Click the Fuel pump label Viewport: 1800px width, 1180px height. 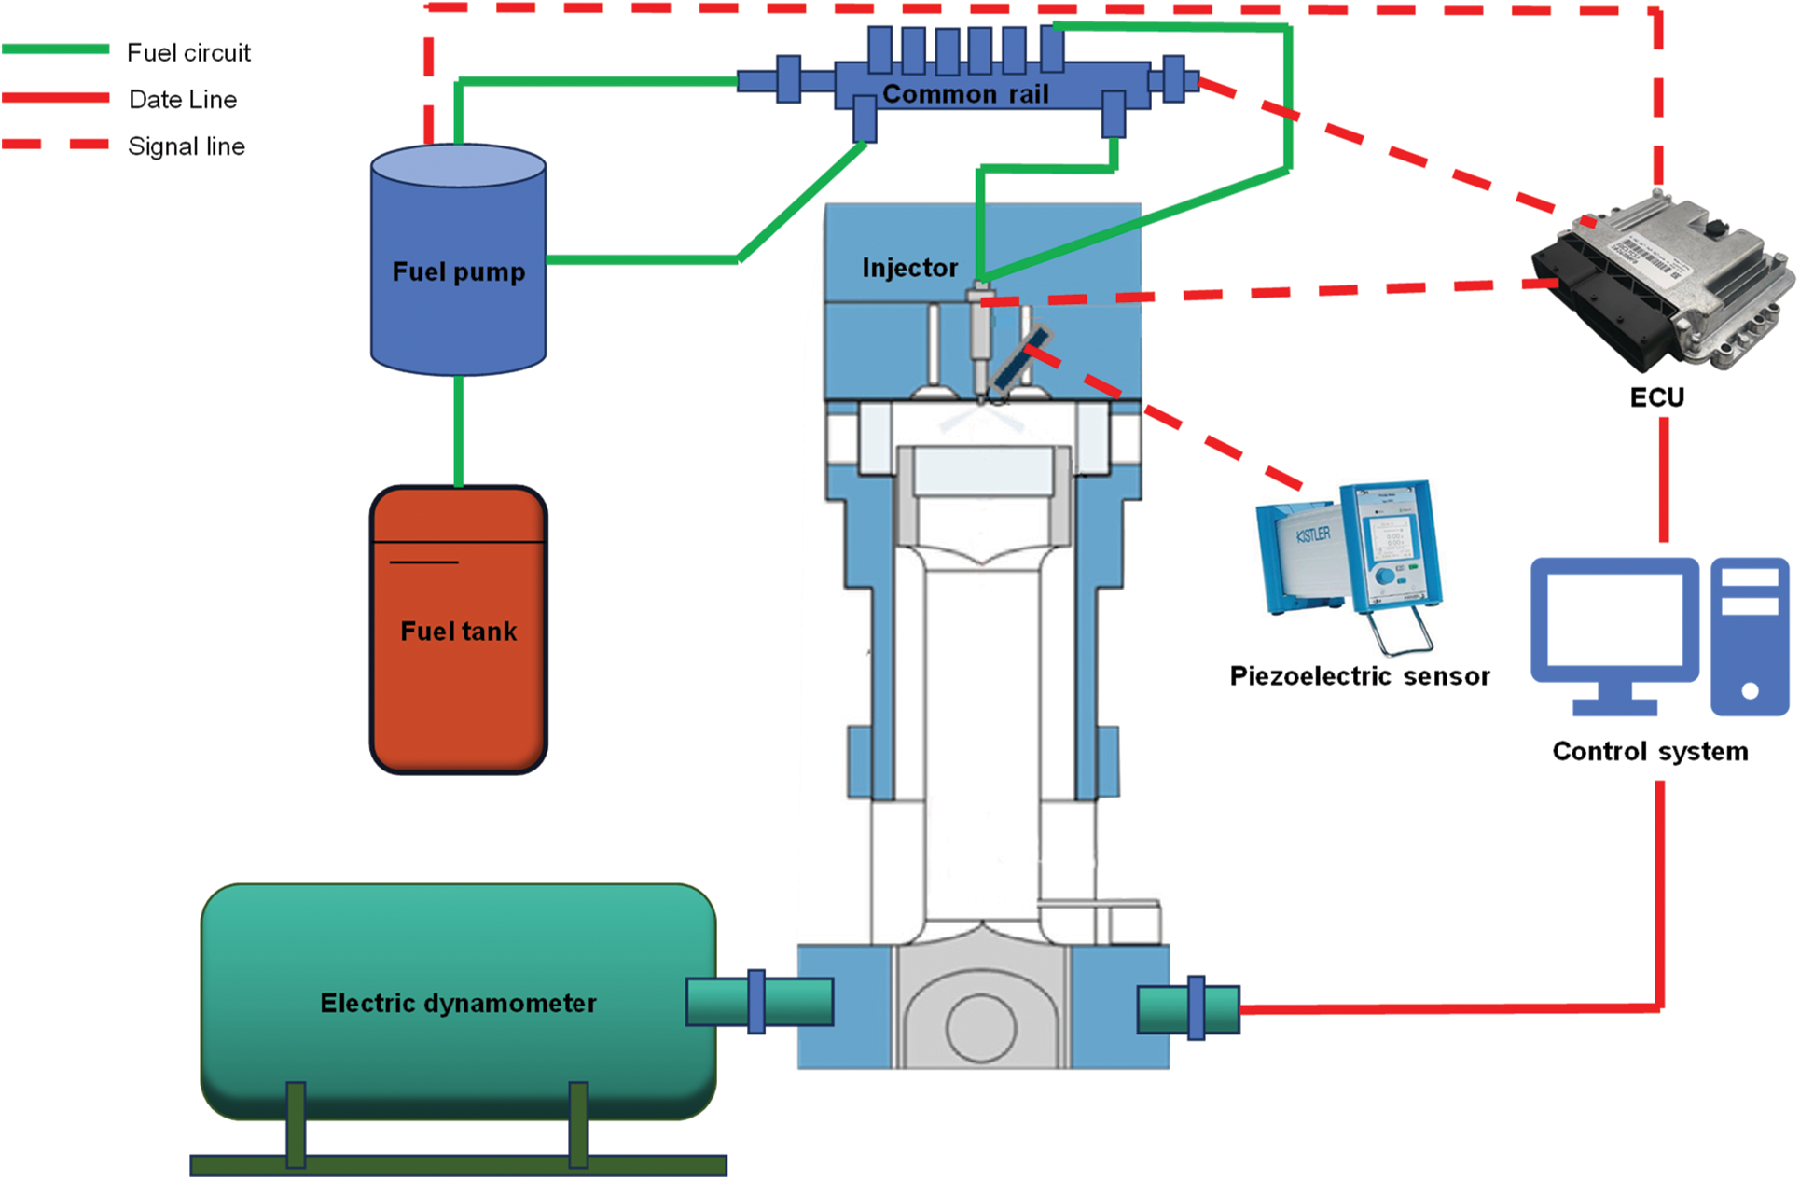[x=458, y=271]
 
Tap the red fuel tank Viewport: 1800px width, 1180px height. [x=458, y=630]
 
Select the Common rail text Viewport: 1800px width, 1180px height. [x=965, y=94]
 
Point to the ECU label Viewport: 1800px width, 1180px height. [x=1656, y=397]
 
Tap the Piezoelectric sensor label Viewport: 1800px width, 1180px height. [x=1360, y=675]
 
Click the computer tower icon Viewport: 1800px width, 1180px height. [x=1750, y=636]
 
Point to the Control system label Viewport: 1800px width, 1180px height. [x=1650, y=751]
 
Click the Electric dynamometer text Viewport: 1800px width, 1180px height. [x=458, y=1003]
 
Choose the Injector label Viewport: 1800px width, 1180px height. [x=909, y=269]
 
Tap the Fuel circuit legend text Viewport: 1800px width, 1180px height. [x=188, y=53]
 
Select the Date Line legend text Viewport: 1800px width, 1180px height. [x=183, y=100]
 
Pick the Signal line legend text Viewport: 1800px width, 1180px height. [x=187, y=146]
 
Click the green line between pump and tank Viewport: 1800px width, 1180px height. [x=458, y=431]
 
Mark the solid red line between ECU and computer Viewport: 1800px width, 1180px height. [x=1664, y=479]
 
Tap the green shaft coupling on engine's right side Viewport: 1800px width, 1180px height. [x=1188, y=1008]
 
